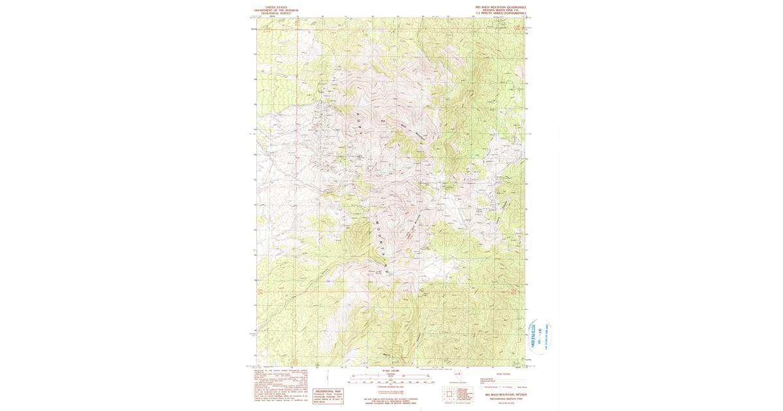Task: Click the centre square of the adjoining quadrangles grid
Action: point(449,393)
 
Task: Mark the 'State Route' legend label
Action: point(521,387)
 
